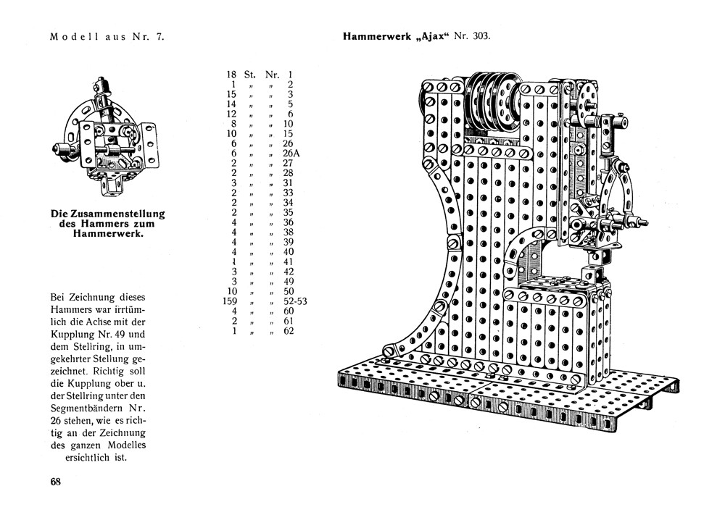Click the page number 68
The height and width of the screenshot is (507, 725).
coord(55,482)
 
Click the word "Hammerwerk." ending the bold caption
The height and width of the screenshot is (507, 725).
coord(107,235)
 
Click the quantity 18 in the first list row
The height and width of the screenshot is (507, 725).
coord(232,74)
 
